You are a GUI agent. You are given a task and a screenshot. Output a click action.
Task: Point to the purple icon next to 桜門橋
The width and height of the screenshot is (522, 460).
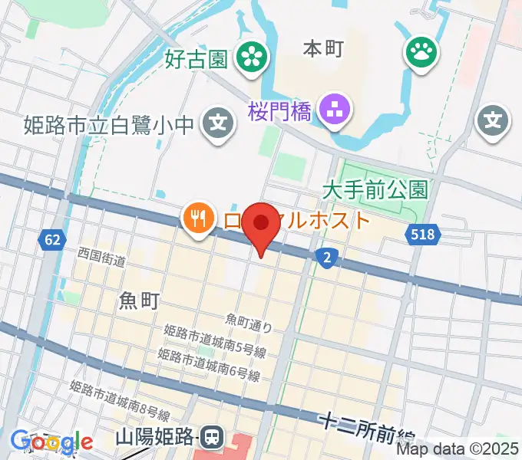334,112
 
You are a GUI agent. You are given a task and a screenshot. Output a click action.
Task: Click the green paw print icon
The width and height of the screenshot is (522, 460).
421,53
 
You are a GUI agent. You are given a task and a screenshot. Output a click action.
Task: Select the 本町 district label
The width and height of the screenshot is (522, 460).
323,48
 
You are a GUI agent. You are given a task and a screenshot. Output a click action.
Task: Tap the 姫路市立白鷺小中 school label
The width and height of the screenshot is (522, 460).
107,123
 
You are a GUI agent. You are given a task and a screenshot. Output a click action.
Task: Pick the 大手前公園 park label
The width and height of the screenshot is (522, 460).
375,188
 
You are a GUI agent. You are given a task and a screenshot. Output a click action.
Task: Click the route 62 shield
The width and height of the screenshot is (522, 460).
51,240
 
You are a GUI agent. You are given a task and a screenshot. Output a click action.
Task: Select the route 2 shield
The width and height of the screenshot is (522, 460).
327,258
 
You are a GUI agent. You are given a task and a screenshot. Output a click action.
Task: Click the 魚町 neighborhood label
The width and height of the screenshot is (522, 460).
140,301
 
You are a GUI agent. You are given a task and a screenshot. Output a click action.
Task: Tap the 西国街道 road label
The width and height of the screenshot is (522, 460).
101,257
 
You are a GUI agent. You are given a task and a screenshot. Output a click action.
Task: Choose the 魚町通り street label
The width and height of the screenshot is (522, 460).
249,323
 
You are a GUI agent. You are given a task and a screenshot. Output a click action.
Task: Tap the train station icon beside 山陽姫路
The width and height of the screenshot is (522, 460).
210,438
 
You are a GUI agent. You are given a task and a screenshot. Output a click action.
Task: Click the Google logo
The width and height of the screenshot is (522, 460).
51,442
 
